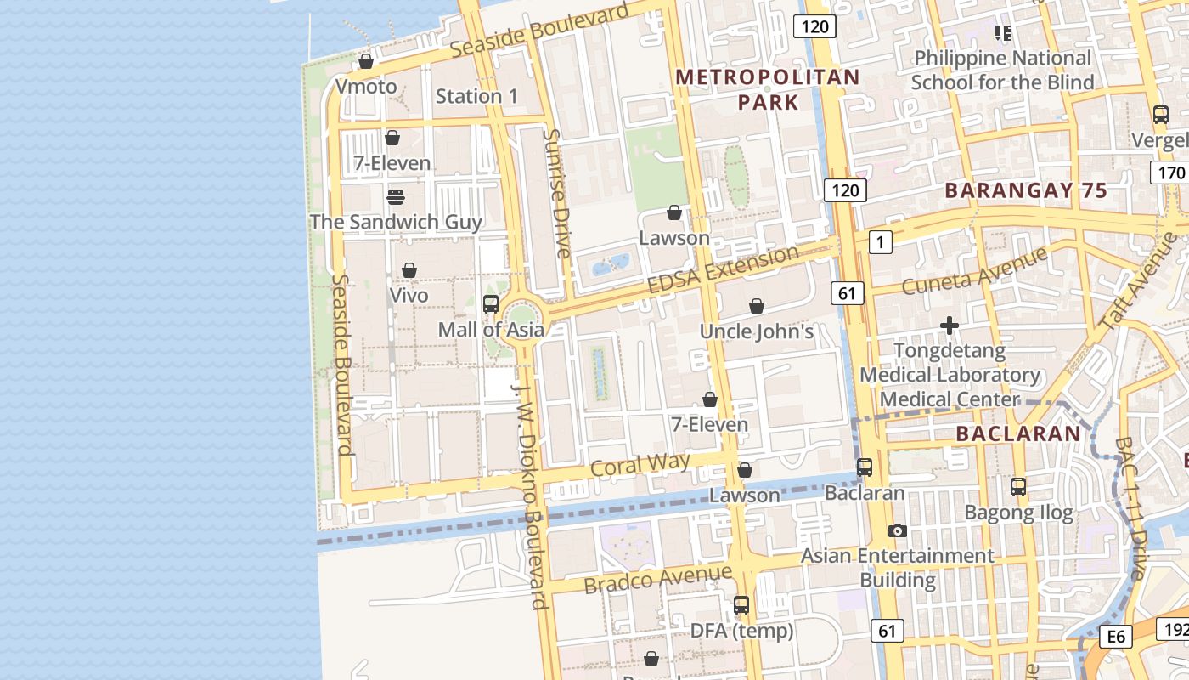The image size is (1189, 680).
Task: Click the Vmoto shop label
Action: pos(365,87)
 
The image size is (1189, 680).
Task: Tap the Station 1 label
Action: pos(476,96)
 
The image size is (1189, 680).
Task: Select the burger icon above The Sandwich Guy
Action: pos(396,197)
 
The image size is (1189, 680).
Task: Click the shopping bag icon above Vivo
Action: pos(409,270)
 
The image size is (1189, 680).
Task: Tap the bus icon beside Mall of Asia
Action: pos(490,303)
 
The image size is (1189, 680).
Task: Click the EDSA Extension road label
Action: pos(723,269)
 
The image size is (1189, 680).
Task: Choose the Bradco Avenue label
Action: pos(657,579)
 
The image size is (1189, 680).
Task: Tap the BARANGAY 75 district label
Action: pos(1026,190)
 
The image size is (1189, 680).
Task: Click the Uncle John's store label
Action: pos(756,331)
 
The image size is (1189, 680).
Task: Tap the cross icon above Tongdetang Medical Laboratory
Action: pos(950,326)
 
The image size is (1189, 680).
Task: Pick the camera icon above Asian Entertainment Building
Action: pos(897,531)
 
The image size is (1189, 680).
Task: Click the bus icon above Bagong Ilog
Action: pos(1018,487)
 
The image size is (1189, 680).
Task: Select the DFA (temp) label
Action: pos(741,631)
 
